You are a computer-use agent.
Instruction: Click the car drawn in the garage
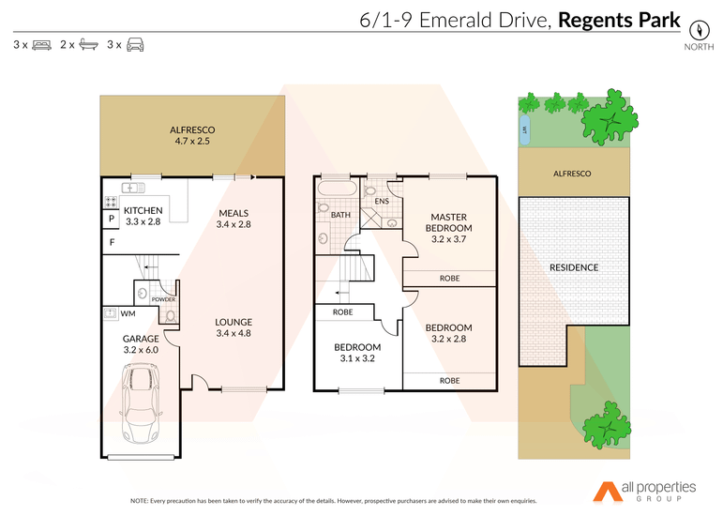[141, 403]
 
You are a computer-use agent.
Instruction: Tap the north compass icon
[699, 31]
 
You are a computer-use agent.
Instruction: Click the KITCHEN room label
[143, 210]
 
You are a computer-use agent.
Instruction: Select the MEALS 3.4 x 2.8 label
[233, 219]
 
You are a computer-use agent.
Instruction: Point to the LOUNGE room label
[233, 322]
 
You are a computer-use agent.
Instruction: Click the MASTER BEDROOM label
[448, 222]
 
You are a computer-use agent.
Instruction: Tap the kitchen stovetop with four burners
[111, 202]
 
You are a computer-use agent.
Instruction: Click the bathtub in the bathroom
[337, 190]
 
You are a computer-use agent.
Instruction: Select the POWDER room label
[164, 299]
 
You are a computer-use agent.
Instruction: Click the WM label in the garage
[128, 313]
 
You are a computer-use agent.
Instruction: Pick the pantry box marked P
[112, 219]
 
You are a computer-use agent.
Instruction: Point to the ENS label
[382, 201]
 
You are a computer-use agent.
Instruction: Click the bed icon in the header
[42, 45]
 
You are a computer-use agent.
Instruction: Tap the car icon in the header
[135, 44]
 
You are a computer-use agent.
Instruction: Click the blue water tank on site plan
[524, 130]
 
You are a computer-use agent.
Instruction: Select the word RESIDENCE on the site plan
[574, 267]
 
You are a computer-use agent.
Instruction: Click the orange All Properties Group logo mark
[608, 492]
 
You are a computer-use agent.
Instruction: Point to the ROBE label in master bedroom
[449, 278]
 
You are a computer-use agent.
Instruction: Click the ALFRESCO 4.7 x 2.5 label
[192, 136]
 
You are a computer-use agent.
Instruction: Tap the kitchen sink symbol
[133, 188]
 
